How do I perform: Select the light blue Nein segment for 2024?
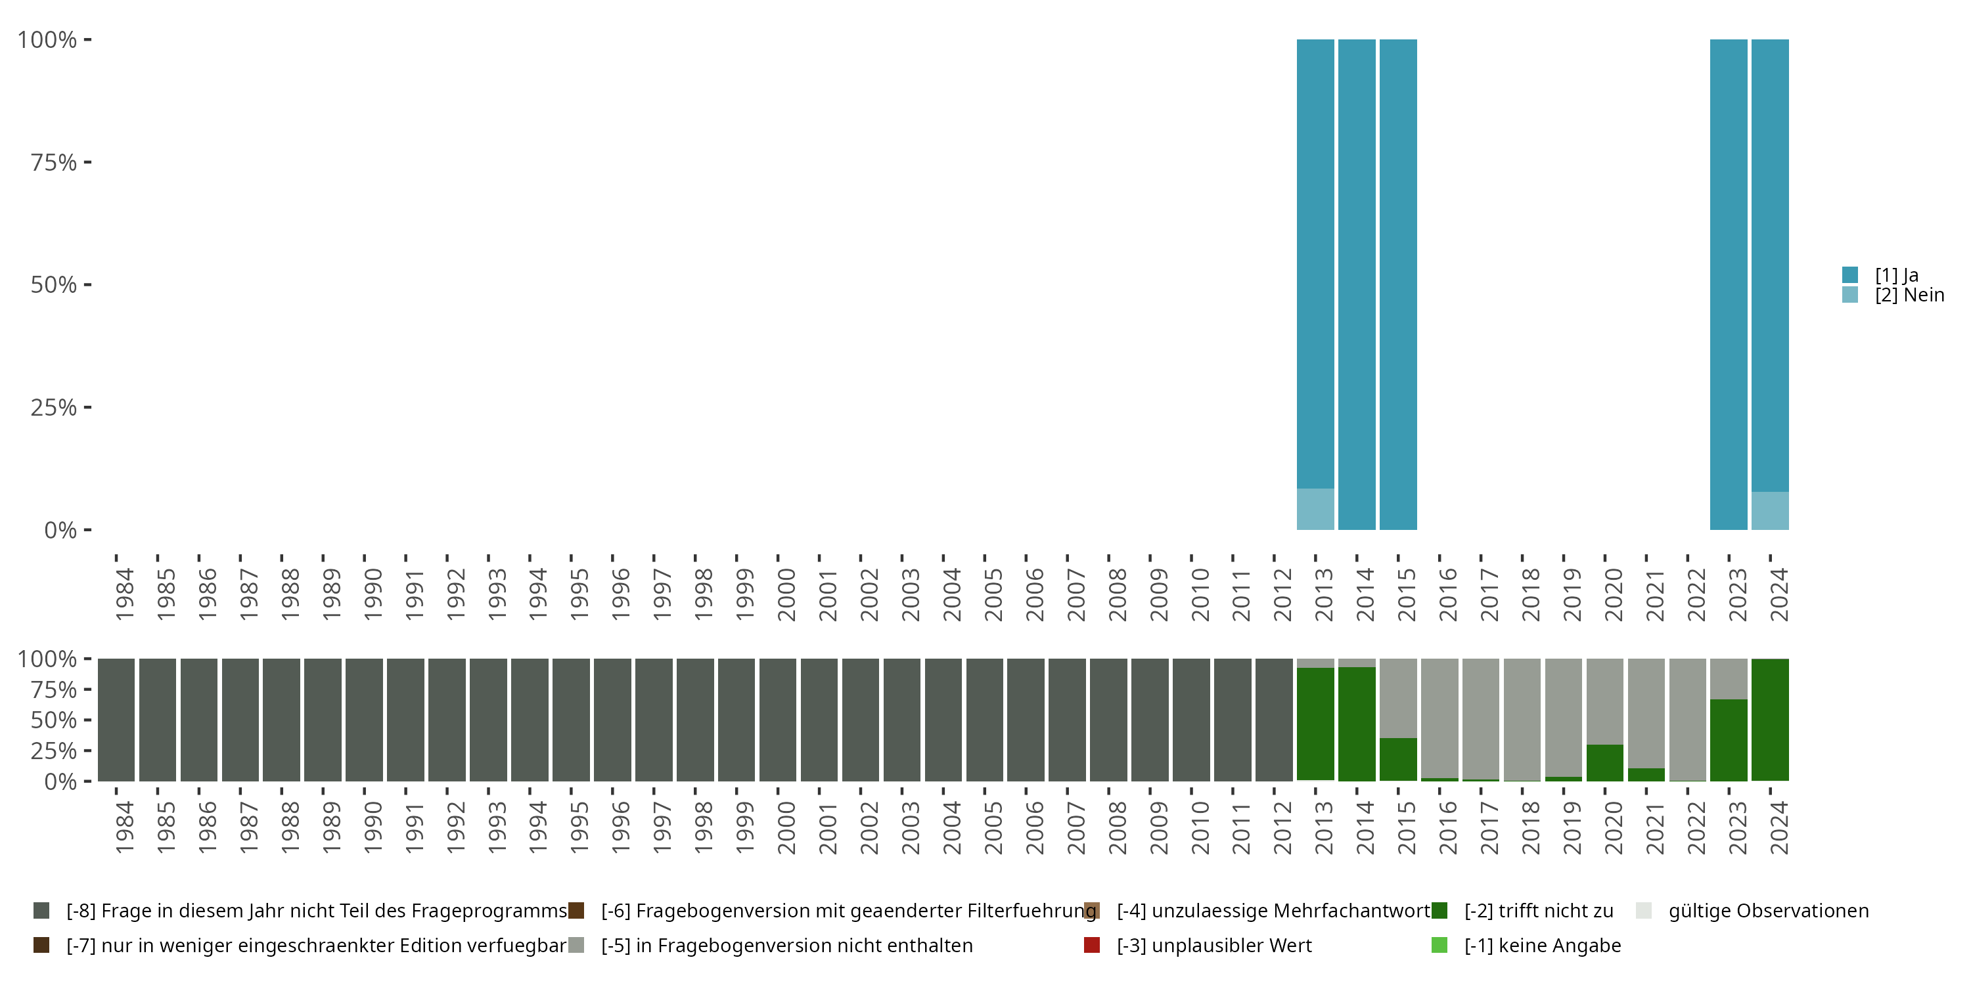(1770, 510)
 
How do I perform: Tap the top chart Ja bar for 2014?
(1357, 283)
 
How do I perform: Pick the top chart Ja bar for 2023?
(1729, 283)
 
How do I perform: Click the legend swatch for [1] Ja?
(1850, 274)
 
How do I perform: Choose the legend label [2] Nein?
(1909, 295)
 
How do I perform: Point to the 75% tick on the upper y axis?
(87, 162)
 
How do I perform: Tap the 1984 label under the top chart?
(125, 594)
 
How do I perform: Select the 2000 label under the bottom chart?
(786, 827)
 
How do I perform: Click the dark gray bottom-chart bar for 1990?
(364, 720)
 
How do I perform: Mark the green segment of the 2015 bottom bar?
(1398, 758)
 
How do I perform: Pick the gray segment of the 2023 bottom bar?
(1729, 678)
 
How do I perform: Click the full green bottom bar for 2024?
(1770, 720)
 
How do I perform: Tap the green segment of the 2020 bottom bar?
(1604, 762)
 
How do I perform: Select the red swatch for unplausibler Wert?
(1092, 945)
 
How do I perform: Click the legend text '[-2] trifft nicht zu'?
(1539, 911)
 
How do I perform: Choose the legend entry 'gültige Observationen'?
(1767, 911)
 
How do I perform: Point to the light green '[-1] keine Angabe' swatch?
(1439, 945)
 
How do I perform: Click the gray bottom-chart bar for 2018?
(1522, 719)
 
